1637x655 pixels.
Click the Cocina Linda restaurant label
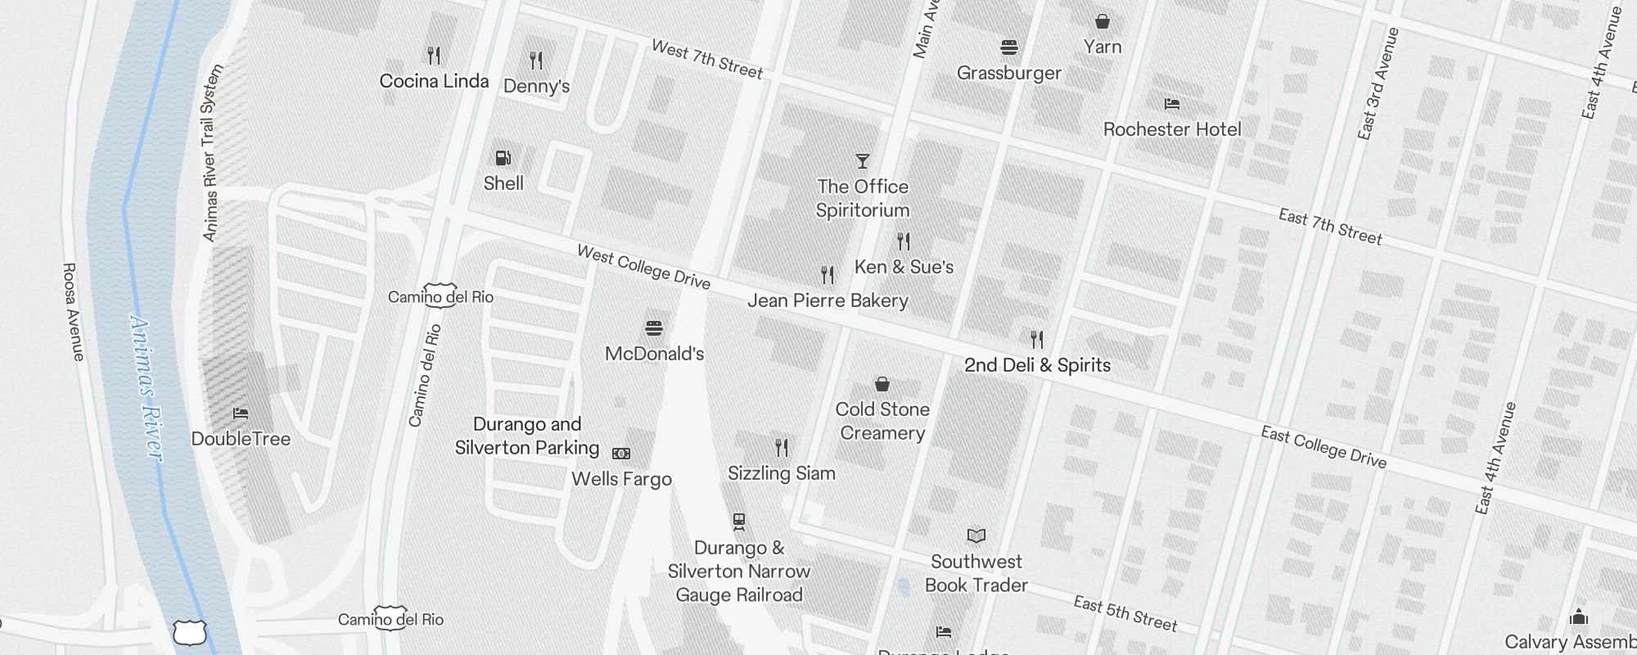pos(434,81)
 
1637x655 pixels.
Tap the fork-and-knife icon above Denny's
pos(536,60)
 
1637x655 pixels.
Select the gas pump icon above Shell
pos(503,157)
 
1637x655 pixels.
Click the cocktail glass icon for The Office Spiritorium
pos(862,160)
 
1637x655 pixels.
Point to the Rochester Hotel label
pos(1171,129)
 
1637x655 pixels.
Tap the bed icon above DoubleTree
pos(240,413)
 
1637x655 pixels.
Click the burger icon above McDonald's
pos(653,328)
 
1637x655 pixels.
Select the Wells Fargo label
pos(621,479)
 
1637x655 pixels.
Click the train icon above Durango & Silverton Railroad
pos(739,521)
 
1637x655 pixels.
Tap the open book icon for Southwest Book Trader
pos(976,535)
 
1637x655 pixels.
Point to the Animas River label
pos(147,389)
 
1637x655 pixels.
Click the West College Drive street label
pos(643,267)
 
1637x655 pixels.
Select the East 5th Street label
pos(1125,614)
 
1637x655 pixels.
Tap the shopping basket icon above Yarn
pos(1103,21)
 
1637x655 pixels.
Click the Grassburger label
pos(1008,73)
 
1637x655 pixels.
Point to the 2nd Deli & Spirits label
pos(1037,365)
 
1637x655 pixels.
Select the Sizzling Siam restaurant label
pos(781,473)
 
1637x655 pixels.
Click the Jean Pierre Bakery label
pos(828,300)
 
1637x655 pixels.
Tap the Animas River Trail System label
pos(211,153)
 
